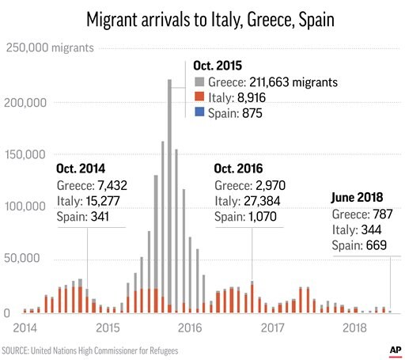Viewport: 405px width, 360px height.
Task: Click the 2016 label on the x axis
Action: tap(189, 326)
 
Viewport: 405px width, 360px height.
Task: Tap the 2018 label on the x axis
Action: tap(354, 326)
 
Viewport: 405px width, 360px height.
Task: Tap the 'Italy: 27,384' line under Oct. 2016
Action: tap(248, 201)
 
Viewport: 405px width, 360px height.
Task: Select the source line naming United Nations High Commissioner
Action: tap(89, 349)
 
